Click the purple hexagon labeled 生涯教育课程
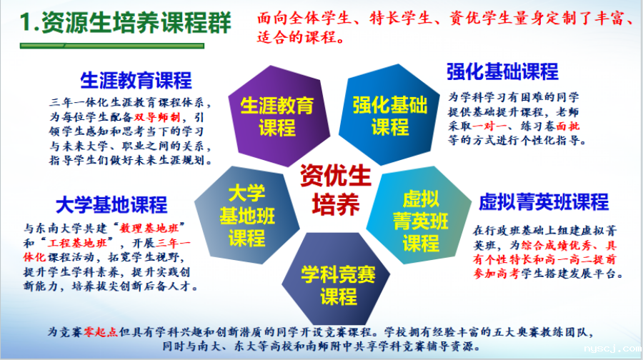click(x=278, y=116)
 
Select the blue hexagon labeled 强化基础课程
click(x=389, y=115)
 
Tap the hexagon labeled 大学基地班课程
click(x=247, y=215)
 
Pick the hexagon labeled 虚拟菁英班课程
click(x=419, y=216)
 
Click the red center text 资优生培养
click(x=336, y=190)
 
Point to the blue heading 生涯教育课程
click(x=136, y=81)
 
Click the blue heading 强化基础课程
click(x=502, y=71)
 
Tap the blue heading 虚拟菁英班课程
click(x=544, y=201)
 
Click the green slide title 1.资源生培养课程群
click(x=126, y=23)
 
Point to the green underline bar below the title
click(x=112, y=46)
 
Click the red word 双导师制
click(x=157, y=117)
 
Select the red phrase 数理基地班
click(x=149, y=229)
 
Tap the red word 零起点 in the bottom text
click(x=101, y=331)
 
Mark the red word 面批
click(x=568, y=126)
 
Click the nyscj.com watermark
click(x=613, y=349)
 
